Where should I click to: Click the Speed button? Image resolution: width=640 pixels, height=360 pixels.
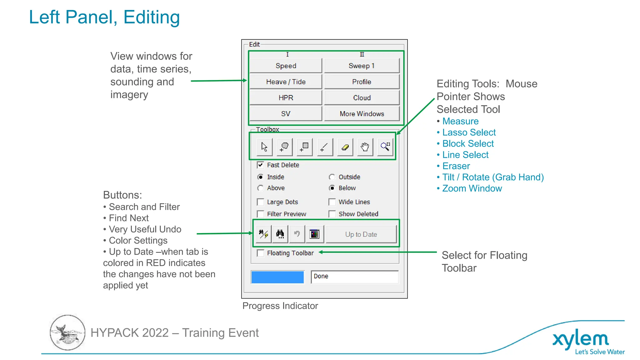(x=286, y=66)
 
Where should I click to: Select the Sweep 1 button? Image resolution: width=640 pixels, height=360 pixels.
(x=362, y=66)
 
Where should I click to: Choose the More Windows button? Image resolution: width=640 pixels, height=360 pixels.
(x=362, y=114)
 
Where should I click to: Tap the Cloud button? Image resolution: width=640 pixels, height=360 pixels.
(x=362, y=98)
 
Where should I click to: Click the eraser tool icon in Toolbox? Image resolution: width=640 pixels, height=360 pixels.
(x=345, y=147)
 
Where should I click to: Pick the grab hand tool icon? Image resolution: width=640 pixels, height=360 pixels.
(x=365, y=147)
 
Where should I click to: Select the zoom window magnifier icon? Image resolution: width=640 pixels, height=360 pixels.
(x=385, y=147)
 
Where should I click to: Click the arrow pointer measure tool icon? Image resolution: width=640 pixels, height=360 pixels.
(x=264, y=147)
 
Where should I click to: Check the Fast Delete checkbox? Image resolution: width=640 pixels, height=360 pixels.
(x=260, y=165)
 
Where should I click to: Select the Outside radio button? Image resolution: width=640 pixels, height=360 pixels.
(x=332, y=177)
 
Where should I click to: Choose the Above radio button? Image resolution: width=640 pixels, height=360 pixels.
(x=260, y=188)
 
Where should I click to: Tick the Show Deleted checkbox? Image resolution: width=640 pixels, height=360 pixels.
(x=332, y=214)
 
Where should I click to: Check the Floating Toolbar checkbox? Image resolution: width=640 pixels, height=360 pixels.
(x=260, y=253)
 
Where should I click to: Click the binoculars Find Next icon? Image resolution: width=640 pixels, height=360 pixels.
(x=280, y=234)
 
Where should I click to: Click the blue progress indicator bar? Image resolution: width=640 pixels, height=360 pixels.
(x=277, y=277)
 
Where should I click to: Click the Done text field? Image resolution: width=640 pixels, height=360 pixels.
(x=354, y=277)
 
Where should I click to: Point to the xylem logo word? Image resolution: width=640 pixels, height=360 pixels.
(x=580, y=339)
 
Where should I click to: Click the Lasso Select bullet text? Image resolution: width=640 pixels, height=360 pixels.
(x=469, y=132)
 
